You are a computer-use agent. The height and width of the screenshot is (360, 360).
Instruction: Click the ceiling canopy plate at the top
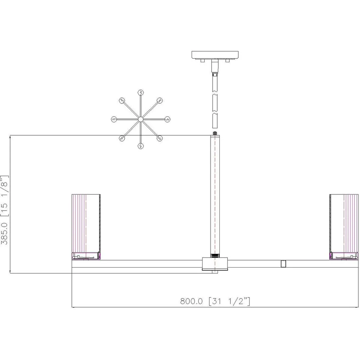click(215, 54)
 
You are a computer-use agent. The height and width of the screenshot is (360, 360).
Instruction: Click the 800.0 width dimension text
click(192, 301)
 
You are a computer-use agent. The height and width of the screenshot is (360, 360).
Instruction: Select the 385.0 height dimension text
click(4, 234)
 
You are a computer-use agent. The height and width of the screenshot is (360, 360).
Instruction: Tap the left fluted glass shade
click(86, 223)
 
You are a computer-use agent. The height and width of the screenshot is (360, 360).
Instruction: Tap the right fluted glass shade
click(344, 223)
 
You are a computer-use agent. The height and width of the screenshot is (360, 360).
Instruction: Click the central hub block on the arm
click(215, 264)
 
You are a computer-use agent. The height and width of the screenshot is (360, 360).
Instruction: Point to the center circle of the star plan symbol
click(141, 119)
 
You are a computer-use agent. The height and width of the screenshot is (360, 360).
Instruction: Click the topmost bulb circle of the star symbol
click(141, 92)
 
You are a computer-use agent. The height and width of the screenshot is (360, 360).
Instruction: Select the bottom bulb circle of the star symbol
click(141, 146)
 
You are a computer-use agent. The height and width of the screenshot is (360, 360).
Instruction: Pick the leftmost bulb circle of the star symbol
click(114, 119)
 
